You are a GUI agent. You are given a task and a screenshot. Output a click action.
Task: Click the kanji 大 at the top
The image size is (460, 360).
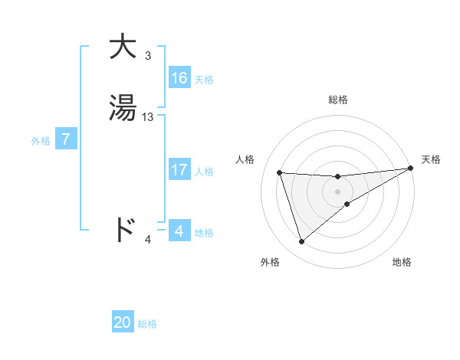(123, 47)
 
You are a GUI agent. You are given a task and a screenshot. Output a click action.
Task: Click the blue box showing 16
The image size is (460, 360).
(179, 78)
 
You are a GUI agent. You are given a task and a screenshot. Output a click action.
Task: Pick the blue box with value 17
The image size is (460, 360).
(179, 170)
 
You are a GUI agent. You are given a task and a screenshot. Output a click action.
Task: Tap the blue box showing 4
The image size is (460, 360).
(179, 231)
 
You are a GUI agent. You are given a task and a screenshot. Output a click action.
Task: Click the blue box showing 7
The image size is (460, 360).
(67, 139)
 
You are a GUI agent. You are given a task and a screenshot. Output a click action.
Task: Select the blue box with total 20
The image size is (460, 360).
(123, 322)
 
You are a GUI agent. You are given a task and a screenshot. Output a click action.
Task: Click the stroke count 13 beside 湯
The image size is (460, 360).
(148, 117)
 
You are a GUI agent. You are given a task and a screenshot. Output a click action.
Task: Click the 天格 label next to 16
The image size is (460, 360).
(204, 80)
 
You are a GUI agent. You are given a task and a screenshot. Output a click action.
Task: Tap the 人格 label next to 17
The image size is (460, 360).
(204, 172)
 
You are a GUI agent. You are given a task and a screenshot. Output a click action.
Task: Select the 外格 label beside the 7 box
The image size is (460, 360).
(40, 141)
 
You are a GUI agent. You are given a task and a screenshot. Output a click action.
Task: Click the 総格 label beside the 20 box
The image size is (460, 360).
(147, 324)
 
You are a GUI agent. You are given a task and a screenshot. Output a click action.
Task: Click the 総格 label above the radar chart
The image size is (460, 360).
(338, 100)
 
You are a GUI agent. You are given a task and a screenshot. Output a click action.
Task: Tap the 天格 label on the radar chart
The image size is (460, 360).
(431, 159)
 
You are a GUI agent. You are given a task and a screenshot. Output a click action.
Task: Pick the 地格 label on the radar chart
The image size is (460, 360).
(402, 262)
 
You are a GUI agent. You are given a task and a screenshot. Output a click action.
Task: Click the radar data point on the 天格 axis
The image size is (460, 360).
(411, 169)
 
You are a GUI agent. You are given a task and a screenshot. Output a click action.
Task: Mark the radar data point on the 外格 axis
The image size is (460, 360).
(301, 242)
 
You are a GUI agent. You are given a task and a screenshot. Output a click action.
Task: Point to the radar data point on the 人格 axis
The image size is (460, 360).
(280, 172)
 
